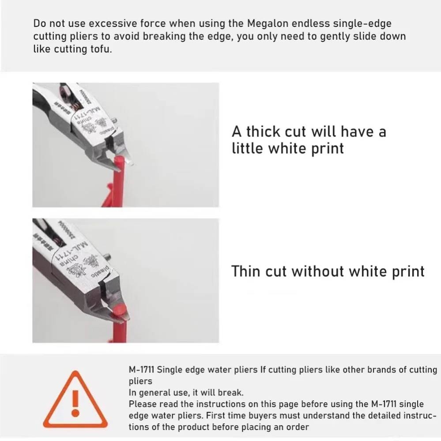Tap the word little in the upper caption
[247, 148]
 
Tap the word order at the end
[299, 427]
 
